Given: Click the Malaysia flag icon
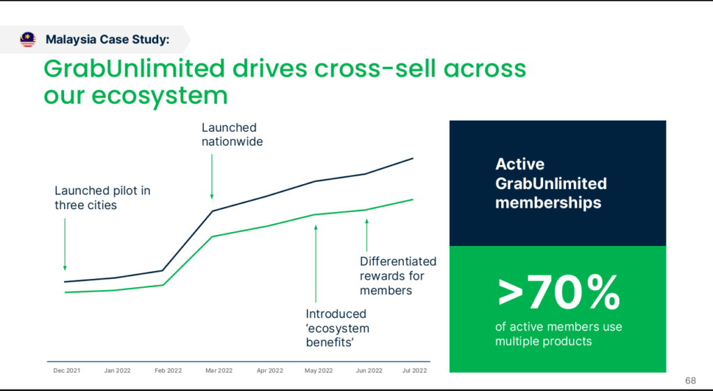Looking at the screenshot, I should pos(28,40).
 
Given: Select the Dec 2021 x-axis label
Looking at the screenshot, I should pos(67,371).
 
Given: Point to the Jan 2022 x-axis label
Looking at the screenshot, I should pos(118,371).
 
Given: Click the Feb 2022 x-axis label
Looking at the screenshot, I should pos(168,371).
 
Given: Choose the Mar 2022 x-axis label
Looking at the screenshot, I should pos(219,371).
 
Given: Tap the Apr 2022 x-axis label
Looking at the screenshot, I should pos(269,371).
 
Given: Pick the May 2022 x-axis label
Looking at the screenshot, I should pos(320,371).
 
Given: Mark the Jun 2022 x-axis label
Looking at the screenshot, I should pos(369,371).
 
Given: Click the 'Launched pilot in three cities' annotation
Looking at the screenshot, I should pos(102,198).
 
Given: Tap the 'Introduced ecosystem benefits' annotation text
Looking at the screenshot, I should pos(338,328).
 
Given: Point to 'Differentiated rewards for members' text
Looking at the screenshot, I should pos(398,275).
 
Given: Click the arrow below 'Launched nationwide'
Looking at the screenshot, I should pos(212,174).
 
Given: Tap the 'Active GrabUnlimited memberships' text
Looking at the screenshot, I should pos(550,184).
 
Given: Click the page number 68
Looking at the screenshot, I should pos(690,381).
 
